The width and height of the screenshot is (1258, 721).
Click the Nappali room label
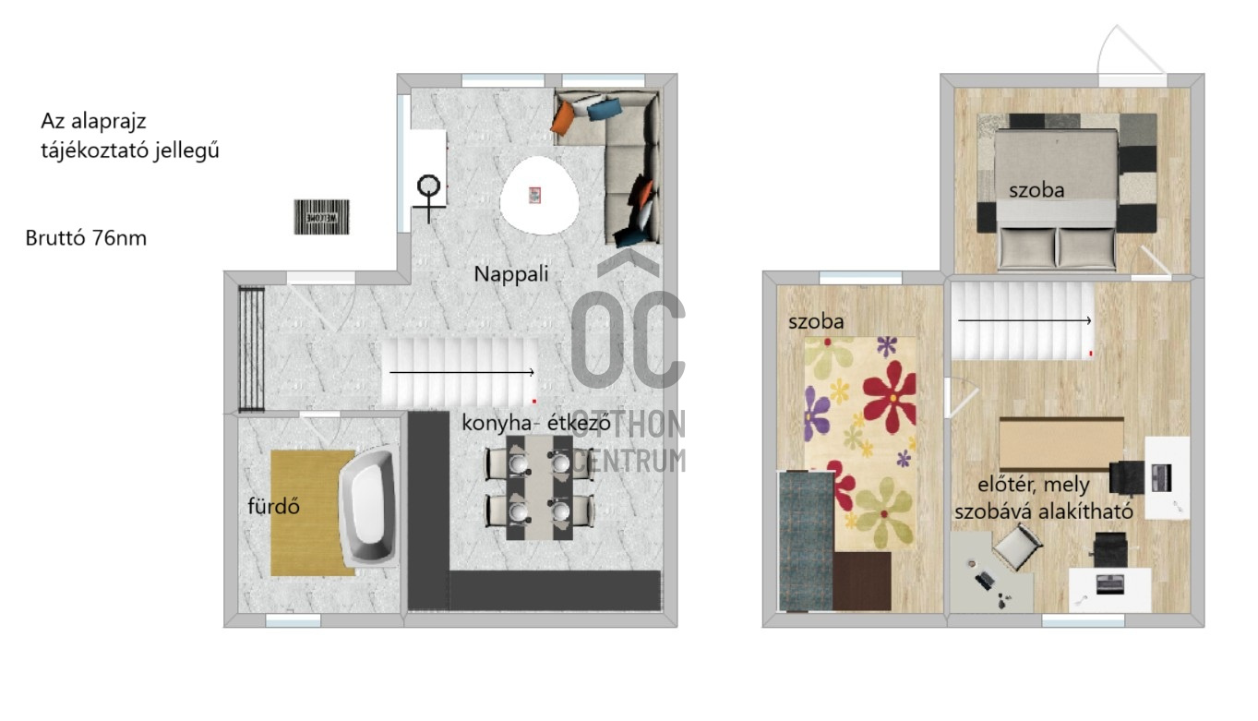[511, 274]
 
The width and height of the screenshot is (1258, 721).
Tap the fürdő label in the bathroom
[273, 506]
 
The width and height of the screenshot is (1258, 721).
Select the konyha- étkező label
[535, 423]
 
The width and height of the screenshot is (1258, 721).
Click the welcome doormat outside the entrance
[322, 217]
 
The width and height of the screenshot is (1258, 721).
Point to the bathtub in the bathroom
[369, 507]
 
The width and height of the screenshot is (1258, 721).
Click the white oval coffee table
[539, 196]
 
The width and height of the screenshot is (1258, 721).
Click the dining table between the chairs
[539, 487]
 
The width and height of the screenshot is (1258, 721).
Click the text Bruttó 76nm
[86, 238]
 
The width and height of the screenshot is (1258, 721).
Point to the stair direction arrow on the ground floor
[461, 372]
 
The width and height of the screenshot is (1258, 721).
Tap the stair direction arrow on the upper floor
[1024, 320]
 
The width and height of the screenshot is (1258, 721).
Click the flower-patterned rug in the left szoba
[860, 442]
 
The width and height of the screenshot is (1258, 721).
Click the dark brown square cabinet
[862, 582]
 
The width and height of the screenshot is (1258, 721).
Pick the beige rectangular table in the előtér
[1061, 444]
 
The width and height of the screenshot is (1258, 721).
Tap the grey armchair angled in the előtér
[1018, 547]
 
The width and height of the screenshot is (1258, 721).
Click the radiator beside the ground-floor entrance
[251, 349]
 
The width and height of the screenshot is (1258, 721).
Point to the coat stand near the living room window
[429, 198]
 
